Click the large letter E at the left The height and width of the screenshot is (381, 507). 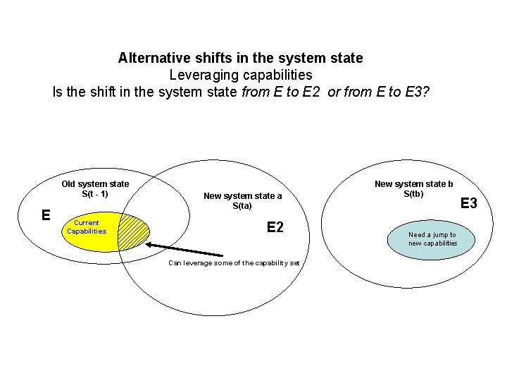(46, 214)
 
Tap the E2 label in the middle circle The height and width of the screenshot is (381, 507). (275, 226)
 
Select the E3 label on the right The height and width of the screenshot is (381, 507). (468, 203)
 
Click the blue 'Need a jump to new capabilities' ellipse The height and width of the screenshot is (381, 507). (432, 239)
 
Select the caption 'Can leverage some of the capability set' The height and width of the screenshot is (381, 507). (234, 262)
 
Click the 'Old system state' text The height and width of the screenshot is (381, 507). (95, 184)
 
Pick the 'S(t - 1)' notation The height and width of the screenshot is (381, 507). (95, 193)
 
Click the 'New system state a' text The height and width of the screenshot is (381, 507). (242, 196)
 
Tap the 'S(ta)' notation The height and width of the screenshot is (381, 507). (242, 205)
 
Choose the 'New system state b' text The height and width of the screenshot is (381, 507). (413, 184)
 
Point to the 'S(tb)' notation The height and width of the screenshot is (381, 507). (413, 193)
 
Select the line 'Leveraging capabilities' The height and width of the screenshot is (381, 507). (241, 74)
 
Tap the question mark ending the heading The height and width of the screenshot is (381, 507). (425, 92)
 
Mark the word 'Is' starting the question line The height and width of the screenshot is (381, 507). (58, 92)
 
